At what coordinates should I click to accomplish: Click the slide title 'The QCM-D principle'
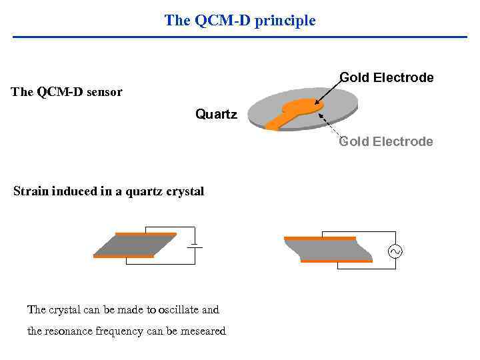tap(240, 21)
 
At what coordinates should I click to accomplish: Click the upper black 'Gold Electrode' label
tap(387, 77)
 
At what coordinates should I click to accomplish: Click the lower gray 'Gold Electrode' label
tap(386, 141)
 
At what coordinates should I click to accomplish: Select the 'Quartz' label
tap(216, 115)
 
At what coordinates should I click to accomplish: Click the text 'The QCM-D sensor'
tap(67, 92)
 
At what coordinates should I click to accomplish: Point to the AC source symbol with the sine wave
tap(395, 251)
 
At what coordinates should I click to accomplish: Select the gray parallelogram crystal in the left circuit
tap(135, 245)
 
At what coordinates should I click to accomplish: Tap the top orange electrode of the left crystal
tap(145, 234)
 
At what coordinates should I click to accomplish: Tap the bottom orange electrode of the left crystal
tap(123, 256)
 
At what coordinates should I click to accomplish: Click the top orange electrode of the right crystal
tap(319, 238)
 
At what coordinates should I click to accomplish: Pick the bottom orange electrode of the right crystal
tap(336, 261)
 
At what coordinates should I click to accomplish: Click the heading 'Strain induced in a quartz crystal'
tap(109, 191)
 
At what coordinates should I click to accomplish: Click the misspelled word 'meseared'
tap(203, 331)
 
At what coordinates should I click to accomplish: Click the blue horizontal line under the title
tap(240, 36)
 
